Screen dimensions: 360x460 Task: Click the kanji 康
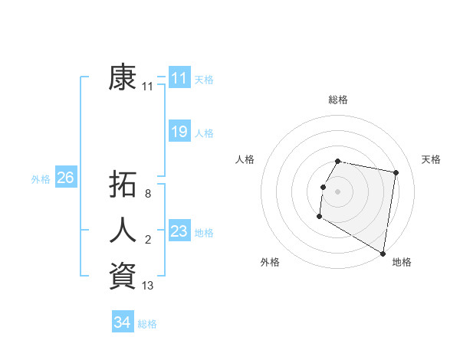pyautogui.click(x=123, y=77)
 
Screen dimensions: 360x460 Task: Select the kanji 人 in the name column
pyautogui.click(x=123, y=231)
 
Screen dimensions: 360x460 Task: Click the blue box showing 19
pyautogui.click(x=179, y=132)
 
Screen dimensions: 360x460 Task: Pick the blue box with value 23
pyautogui.click(x=179, y=231)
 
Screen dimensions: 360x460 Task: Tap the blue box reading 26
pyautogui.click(x=65, y=178)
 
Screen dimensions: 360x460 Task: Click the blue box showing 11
pyautogui.click(x=179, y=78)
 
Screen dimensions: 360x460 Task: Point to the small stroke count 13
pyautogui.click(x=148, y=286)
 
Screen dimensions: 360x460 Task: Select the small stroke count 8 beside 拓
pyautogui.click(x=148, y=194)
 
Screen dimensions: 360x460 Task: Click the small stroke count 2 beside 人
pyautogui.click(x=148, y=241)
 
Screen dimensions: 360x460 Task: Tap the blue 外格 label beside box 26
pyautogui.click(x=41, y=179)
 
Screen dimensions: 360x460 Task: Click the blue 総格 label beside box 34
pyautogui.click(x=147, y=324)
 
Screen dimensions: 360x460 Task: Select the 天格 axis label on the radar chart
pyautogui.click(x=431, y=159)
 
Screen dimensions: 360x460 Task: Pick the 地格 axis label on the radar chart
pyautogui.click(x=402, y=262)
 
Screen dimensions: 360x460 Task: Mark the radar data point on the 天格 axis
pyautogui.click(x=396, y=173)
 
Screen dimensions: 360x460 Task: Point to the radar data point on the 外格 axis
pyautogui.click(x=319, y=217)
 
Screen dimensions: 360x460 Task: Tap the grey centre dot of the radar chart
pyautogui.click(x=338, y=191)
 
